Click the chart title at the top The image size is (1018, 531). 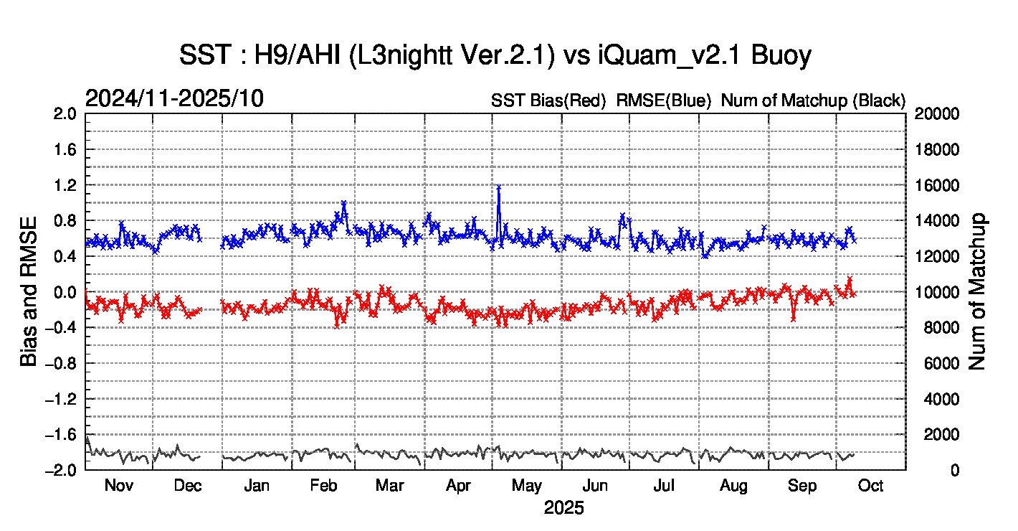click(495, 55)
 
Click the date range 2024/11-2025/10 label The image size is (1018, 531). click(174, 99)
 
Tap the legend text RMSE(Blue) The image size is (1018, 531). click(663, 101)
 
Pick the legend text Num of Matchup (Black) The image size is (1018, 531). click(813, 101)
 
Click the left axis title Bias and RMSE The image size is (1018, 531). click(29, 291)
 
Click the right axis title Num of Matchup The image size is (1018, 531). click(977, 291)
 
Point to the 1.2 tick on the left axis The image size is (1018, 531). click(66, 185)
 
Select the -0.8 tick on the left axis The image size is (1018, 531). click(63, 363)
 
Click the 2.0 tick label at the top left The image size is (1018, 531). click(66, 114)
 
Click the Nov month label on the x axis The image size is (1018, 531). click(119, 486)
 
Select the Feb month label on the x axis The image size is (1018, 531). click(324, 486)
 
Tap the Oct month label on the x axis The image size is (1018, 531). click(870, 486)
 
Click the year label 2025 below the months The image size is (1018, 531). click(563, 509)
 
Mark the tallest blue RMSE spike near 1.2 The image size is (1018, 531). click(498, 187)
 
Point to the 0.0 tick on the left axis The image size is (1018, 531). click(66, 292)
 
